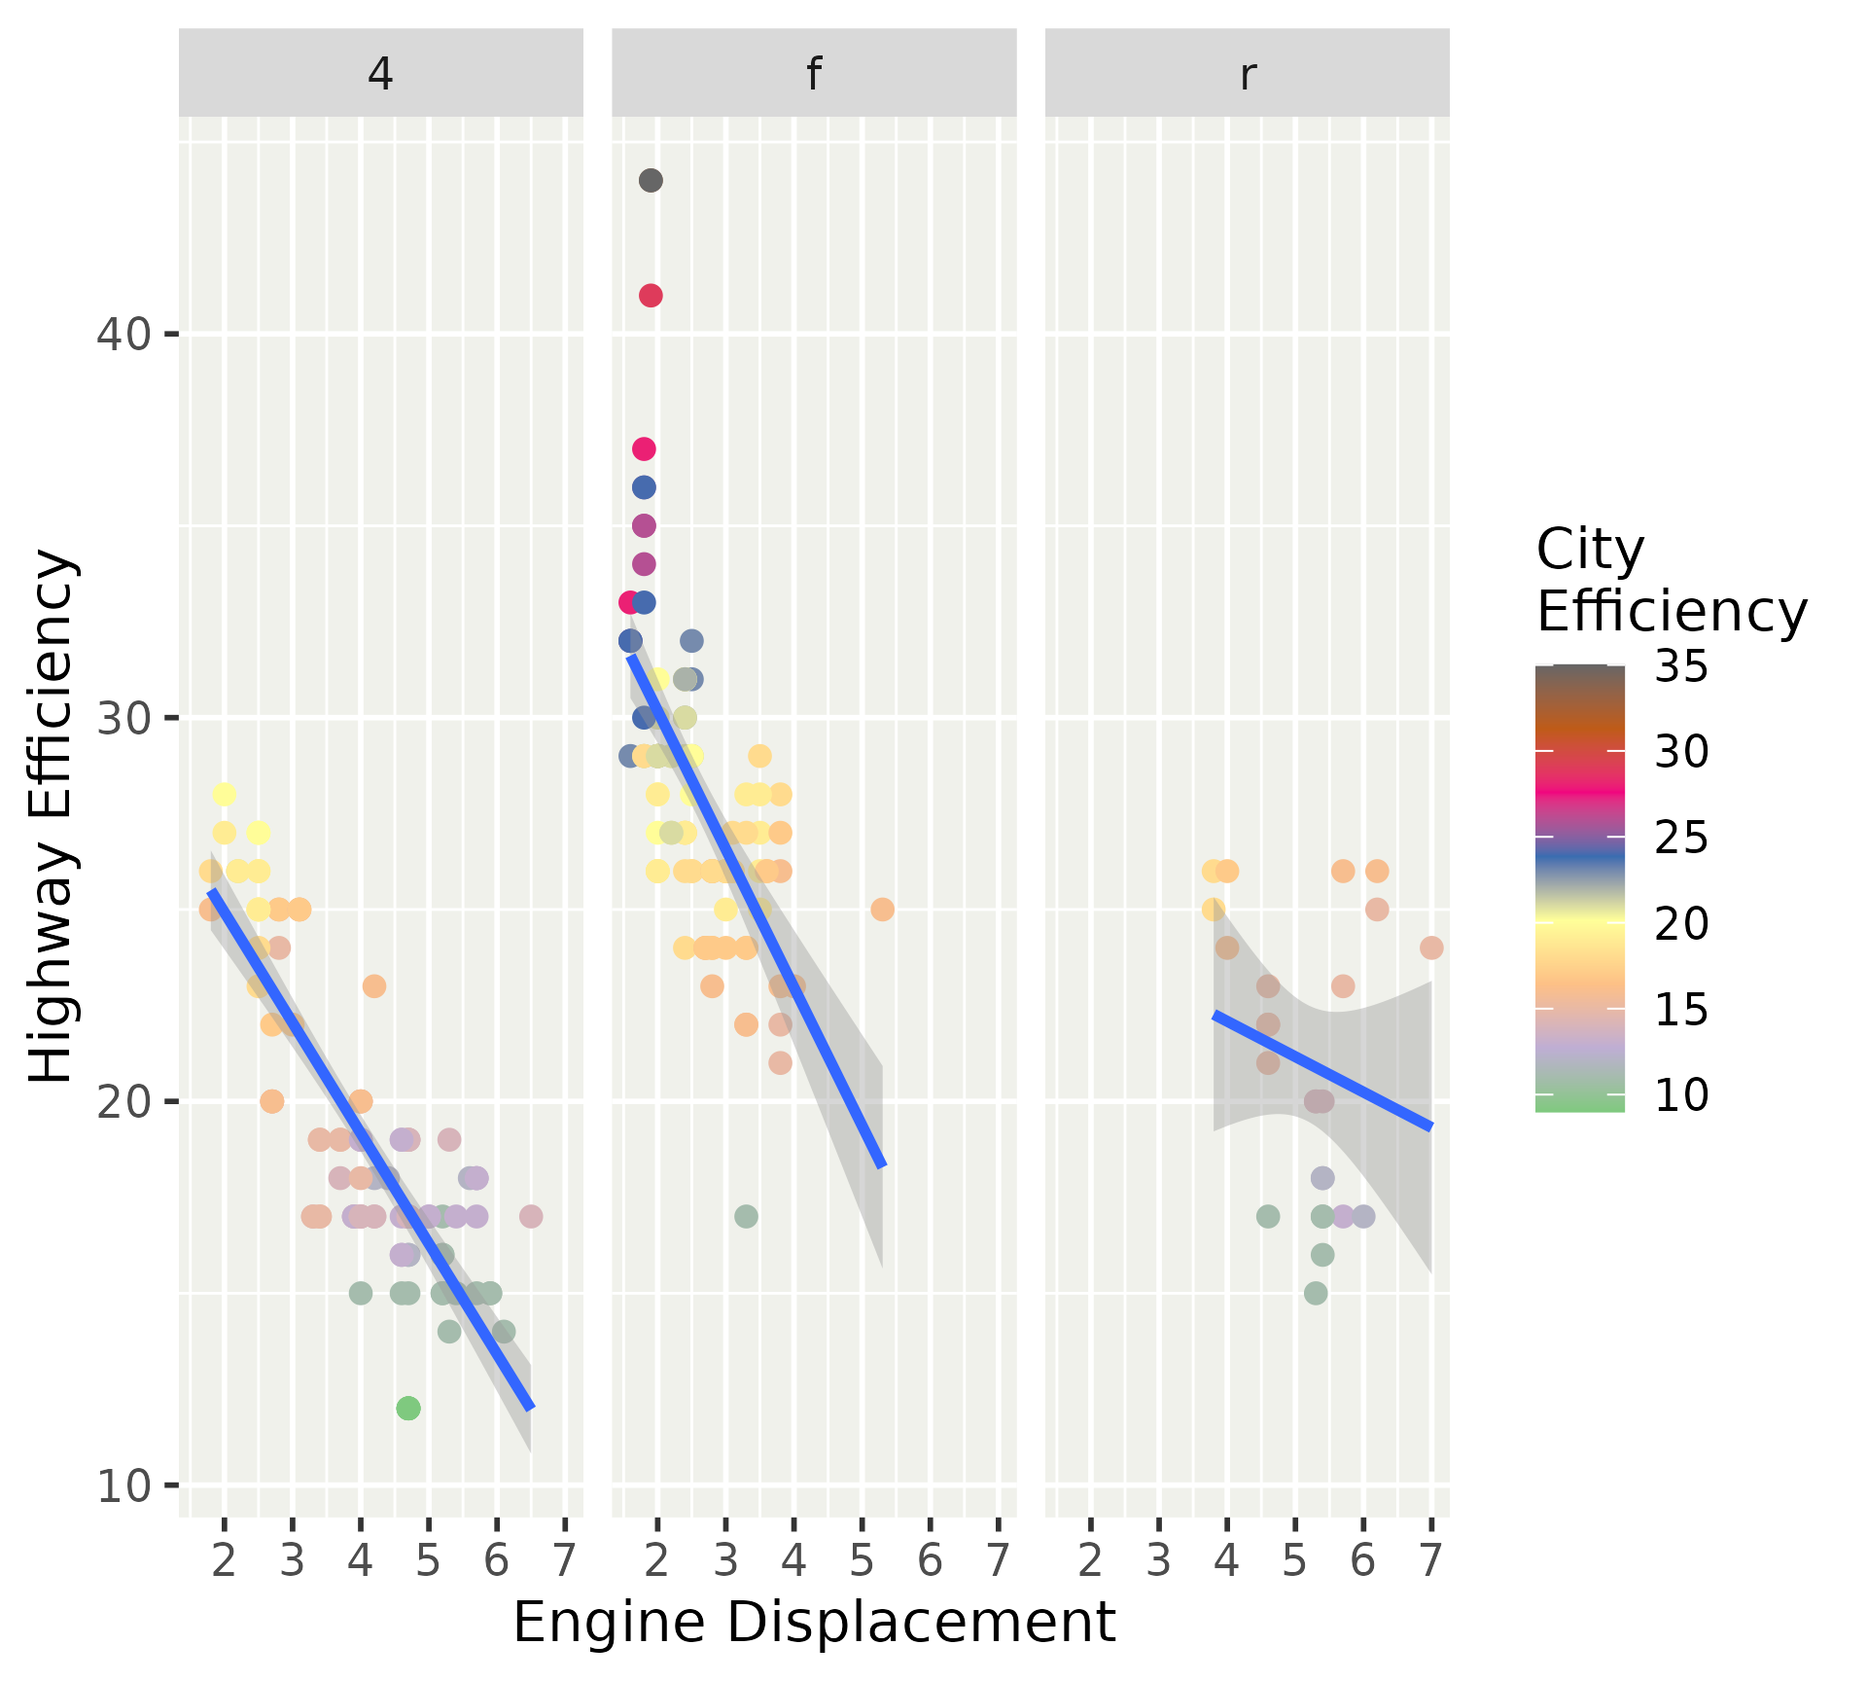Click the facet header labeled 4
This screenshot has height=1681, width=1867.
pyautogui.click(x=380, y=74)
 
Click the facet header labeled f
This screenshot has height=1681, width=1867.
pyautogui.click(x=814, y=74)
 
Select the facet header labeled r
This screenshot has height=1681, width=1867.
pyautogui.click(x=1248, y=74)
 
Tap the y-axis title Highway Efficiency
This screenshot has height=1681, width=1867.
pyautogui.click(x=51, y=815)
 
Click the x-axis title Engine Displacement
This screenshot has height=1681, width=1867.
pyautogui.click(x=814, y=1623)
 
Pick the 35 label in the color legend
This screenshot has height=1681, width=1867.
pyautogui.click(x=1681, y=667)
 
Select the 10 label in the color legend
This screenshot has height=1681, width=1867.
pyautogui.click(x=1681, y=1095)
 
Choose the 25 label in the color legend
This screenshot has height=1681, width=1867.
pyautogui.click(x=1681, y=839)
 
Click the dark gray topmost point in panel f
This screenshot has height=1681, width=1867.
pyautogui.click(x=652, y=180)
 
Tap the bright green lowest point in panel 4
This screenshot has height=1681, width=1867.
pyautogui.click(x=408, y=1408)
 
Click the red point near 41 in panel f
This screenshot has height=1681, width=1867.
pyautogui.click(x=652, y=296)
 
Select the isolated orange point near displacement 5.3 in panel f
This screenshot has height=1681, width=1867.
pyautogui.click(x=882, y=910)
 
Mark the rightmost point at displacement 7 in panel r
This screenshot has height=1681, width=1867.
pyautogui.click(x=1431, y=948)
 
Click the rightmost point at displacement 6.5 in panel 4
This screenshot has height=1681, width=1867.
pyautogui.click(x=531, y=1216)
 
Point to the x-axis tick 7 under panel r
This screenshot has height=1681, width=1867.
pyautogui.click(x=1431, y=1560)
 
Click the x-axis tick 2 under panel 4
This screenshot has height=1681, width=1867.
pyautogui.click(x=225, y=1560)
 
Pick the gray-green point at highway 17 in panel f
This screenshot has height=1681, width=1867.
pyautogui.click(x=746, y=1216)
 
